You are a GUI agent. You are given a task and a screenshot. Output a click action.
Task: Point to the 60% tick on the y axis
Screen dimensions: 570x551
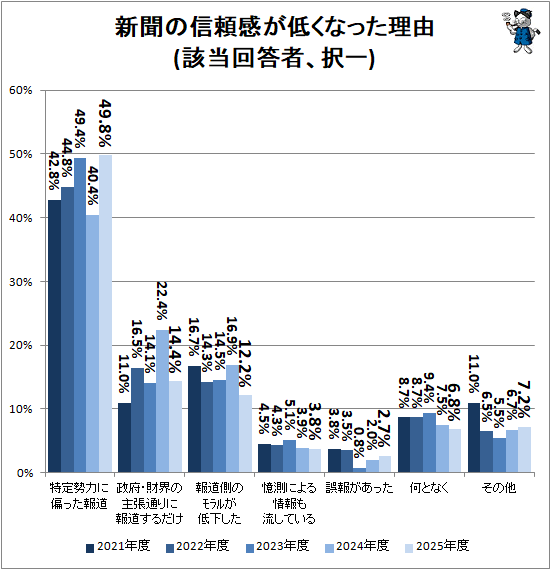21,91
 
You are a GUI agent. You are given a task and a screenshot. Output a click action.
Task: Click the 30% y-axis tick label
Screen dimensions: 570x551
21,282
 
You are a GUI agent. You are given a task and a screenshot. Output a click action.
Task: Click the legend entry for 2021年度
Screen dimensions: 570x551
120,546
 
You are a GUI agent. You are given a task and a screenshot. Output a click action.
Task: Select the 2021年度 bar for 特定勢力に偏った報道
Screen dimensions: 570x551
55,336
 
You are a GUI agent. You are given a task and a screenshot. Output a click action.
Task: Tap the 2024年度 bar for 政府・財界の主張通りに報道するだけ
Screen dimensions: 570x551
162,400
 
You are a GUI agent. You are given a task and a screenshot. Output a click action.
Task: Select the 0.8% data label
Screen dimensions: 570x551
359,440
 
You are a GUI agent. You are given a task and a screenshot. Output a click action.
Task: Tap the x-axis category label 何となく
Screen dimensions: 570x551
428,488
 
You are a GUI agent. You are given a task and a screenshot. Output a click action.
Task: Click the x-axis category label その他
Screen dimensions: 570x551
498,488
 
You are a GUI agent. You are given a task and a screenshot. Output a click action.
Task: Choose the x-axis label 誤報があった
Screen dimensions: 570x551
359,488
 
